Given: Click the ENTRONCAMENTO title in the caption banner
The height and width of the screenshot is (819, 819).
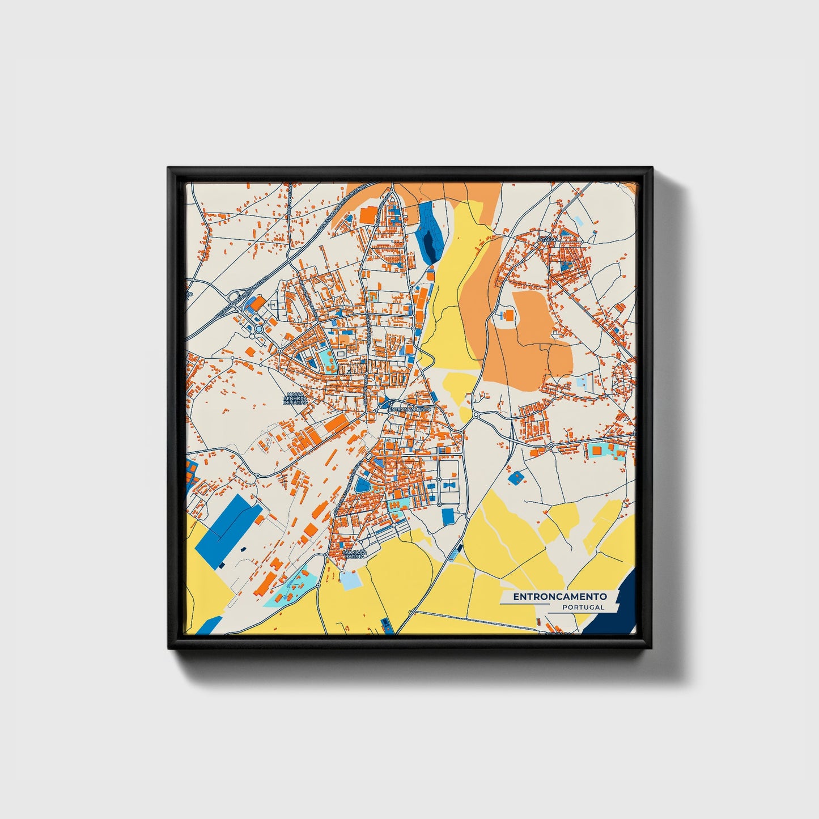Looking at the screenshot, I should click(560, 596).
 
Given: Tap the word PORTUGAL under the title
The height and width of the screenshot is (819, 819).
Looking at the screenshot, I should click(583, 608).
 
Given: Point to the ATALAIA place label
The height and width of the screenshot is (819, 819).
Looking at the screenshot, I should click(549, 239).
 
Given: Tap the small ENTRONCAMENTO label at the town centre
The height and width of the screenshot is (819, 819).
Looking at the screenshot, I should click(410, 409).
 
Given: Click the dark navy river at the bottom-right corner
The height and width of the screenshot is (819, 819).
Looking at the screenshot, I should click(612, 615).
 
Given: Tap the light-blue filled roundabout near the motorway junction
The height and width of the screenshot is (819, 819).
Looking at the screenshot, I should click(259, 329).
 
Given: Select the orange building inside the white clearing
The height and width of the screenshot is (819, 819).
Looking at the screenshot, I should click(508, 315).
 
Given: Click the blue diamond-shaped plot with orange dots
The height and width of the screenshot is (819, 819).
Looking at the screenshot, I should click(515, 478).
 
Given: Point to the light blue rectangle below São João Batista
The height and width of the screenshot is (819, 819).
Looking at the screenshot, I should click(350, 580).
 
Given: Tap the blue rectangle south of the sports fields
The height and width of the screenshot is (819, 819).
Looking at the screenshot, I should click(448, 516).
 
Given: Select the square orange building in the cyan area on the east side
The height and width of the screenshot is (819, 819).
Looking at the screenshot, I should click(596, 451).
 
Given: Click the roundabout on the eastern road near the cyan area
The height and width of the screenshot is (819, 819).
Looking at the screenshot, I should click(551, 445).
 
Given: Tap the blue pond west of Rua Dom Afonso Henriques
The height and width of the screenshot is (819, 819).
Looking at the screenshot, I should click(361, 485).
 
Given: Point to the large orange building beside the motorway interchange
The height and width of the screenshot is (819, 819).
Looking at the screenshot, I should click(257, 304).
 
